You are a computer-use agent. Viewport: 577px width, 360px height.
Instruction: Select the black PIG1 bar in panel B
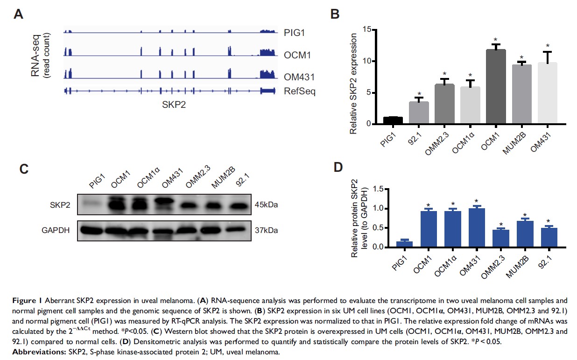pos(393,120)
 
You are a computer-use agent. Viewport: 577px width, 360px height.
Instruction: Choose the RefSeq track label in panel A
pos(299,91)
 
